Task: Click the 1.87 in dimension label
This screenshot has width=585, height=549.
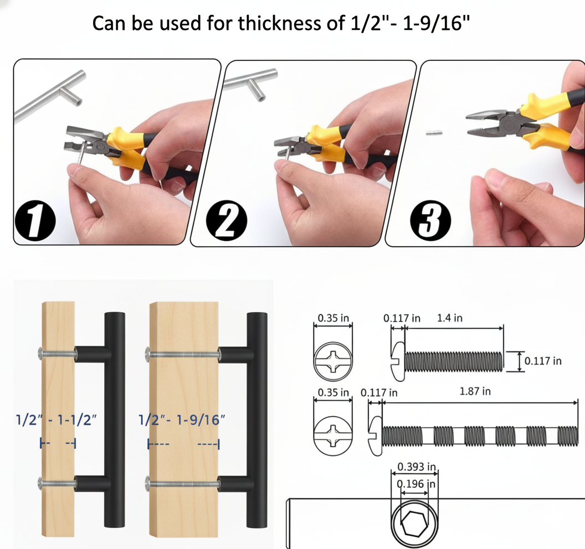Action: (475, 392)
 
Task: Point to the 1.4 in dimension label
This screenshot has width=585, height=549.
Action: (449, 318)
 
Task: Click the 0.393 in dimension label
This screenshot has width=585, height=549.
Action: (414, 467)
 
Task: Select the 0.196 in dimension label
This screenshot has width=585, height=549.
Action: (414, 484)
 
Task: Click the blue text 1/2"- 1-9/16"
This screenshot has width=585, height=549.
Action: (182, 419)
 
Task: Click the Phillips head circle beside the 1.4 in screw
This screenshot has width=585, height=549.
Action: (333, 362)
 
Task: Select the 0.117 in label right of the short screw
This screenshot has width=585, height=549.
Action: (543, 361)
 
